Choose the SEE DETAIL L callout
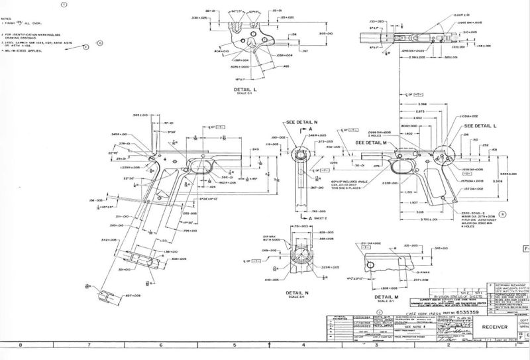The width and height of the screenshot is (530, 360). (482, 125)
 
